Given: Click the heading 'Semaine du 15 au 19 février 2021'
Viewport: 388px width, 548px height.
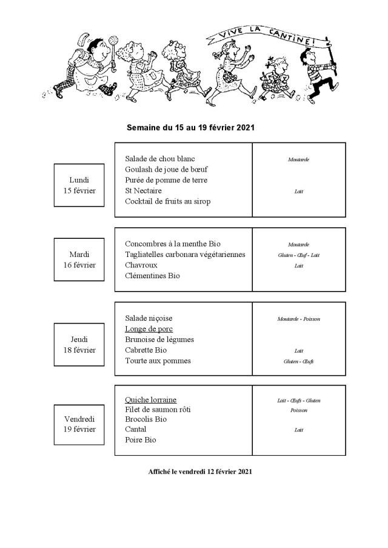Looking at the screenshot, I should pos(190,128).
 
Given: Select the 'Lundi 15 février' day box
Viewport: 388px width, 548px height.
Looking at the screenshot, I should pos(79,185).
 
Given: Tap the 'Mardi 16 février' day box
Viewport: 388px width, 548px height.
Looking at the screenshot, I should pos(79,259).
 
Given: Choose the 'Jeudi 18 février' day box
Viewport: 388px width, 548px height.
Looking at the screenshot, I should pos(79,344).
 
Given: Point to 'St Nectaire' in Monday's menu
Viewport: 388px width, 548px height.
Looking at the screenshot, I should pos(144,191).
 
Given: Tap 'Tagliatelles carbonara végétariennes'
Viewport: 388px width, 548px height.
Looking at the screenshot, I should pos(185,255).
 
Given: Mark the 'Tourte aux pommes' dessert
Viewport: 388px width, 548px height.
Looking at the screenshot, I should pos(158,361).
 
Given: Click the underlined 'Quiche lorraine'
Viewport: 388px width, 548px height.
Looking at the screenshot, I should pos(150,400).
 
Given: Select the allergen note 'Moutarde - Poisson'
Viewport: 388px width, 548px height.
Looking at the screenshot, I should pos(298,319).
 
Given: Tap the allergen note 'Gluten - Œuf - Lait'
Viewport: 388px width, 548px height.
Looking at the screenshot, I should pos(298,255).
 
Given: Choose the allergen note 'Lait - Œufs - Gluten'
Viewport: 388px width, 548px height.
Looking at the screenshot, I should pos(298,401).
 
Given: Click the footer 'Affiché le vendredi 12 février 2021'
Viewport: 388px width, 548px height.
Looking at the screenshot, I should pos(199,471).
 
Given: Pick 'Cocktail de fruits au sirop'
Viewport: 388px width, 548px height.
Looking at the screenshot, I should pos(167,202).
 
